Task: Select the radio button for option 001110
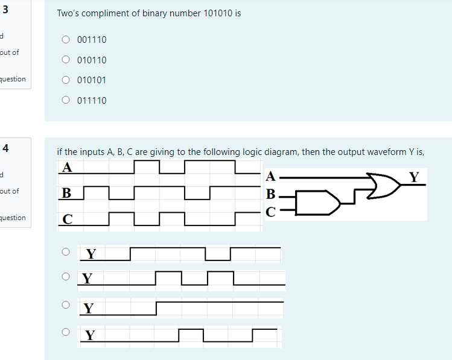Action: tap(66, 40)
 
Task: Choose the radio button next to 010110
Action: tap(66, 60)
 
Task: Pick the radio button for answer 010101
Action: tap(66, 80)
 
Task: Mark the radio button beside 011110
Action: tap(66, 101)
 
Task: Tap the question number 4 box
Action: tap(5, 147)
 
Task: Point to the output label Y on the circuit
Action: tap(413, 177)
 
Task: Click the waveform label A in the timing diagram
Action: tap(68, 168)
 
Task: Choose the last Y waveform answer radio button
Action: tap(65, 331)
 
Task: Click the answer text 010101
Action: tap(92, 80)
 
